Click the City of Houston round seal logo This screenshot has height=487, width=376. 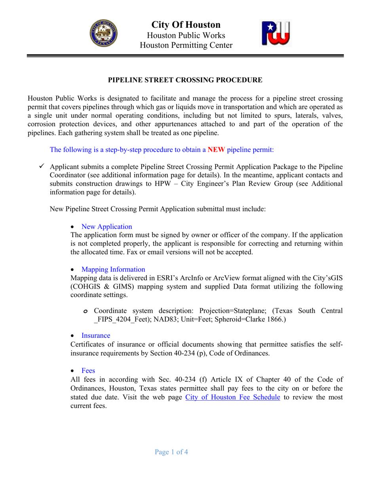click(103, 34)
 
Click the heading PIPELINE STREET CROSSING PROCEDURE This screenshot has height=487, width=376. click(185, 80)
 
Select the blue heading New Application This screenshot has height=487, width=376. click(106, 226)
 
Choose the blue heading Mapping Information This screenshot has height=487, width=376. click(113, 269)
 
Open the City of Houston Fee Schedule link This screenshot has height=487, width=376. click(233, 397)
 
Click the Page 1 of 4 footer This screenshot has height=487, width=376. click(171, 452)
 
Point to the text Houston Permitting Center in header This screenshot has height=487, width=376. click(186, 46)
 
